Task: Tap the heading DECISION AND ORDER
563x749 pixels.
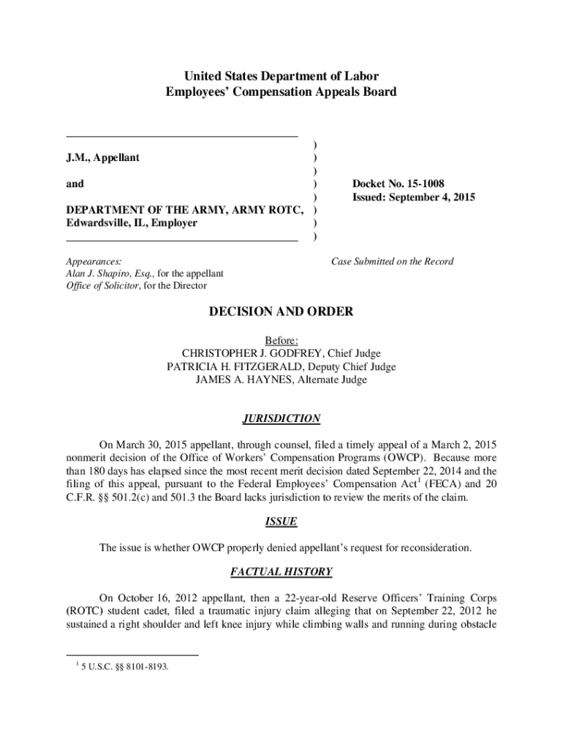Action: pos(281,312)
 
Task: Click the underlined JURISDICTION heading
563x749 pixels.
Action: pos(281,419)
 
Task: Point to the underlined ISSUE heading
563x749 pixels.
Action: pos(281,522)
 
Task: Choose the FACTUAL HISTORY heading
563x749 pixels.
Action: pos(281,571)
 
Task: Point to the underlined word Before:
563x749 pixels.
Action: pos(281,340)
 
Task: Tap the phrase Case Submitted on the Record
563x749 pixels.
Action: pos(393,261)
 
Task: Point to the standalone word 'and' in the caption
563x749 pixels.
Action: pos(75,184)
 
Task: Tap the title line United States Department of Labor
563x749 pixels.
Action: pos(281,76)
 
